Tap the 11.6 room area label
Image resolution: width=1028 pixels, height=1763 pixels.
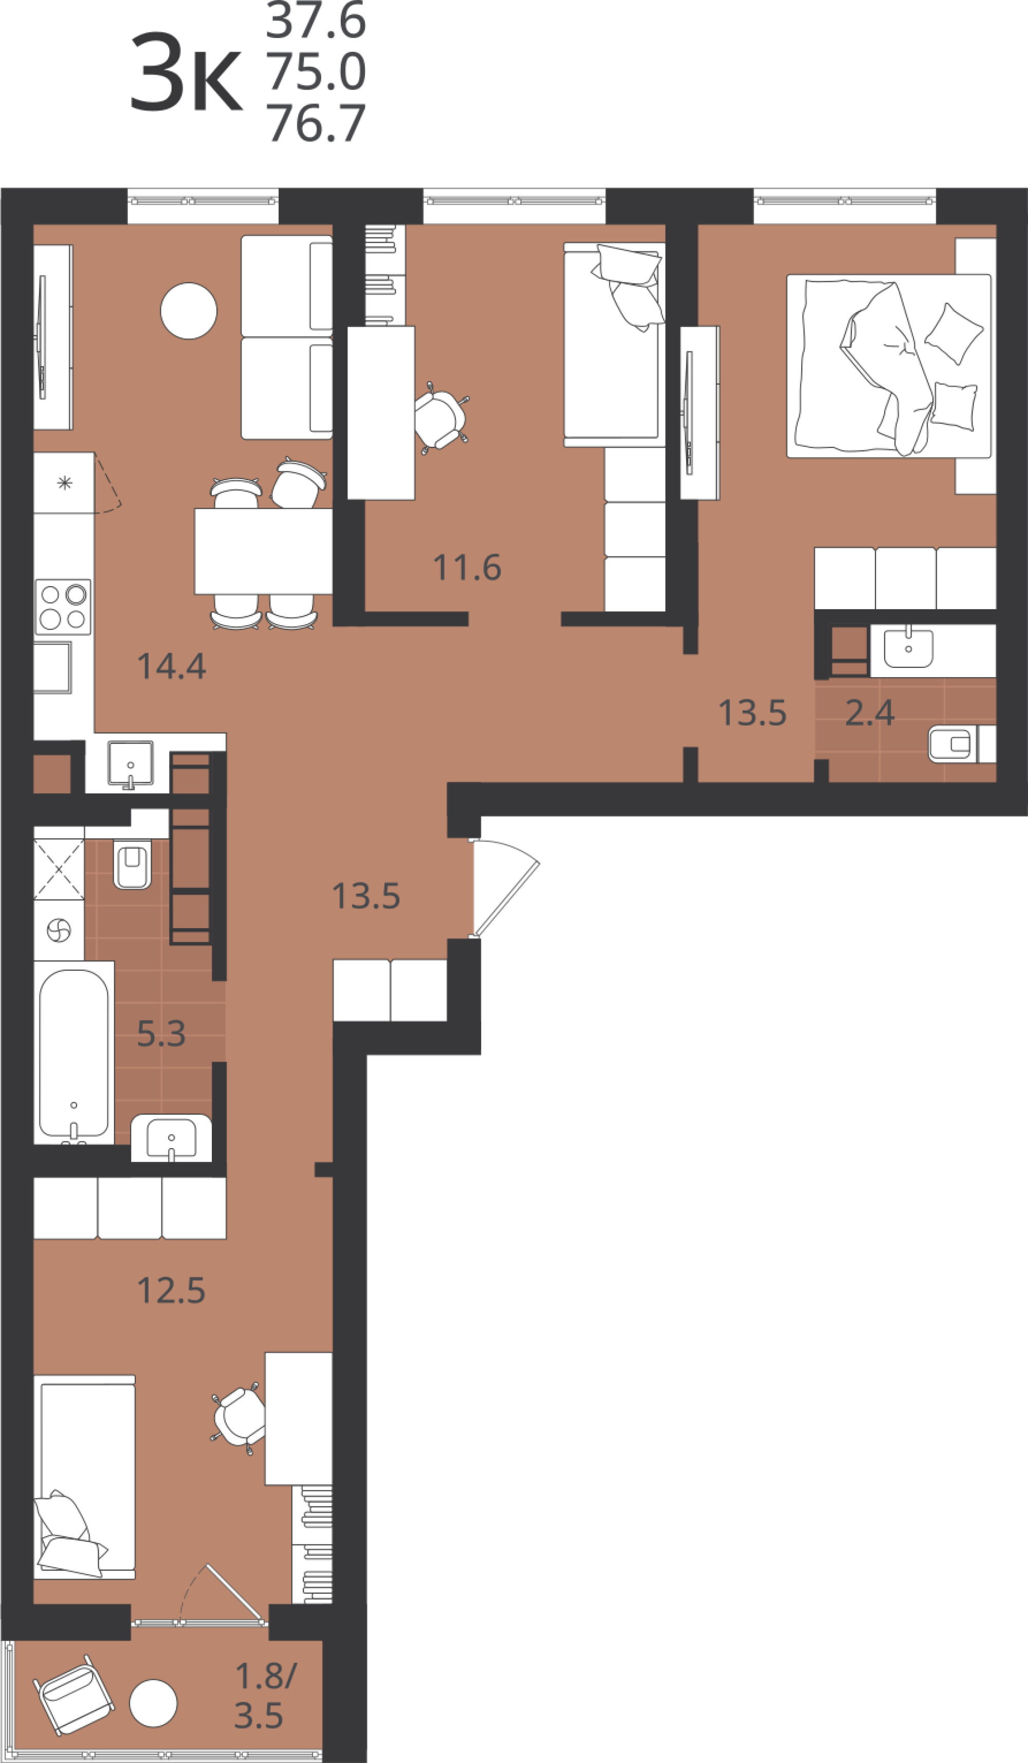[467, 568]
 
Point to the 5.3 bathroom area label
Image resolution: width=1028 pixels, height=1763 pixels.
[161, 1033]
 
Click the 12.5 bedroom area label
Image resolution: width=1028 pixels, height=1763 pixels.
[171, 1291]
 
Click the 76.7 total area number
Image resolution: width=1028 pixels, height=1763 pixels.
[316, 123]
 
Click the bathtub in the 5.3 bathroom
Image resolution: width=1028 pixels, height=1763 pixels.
[74, 1053]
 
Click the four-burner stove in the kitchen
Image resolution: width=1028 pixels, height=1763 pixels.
[63, 607]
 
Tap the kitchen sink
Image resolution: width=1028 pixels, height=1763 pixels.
[130, 764]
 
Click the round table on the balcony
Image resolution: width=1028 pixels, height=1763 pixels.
[154, 1703]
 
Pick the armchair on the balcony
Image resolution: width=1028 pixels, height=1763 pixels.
[74, 1695]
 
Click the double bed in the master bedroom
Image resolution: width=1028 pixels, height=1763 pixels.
[889, 366]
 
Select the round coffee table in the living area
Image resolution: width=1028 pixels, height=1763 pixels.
[189, 311]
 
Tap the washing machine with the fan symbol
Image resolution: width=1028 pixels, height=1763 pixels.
[59, 931]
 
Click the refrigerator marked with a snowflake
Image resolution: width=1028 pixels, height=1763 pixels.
[64, 483]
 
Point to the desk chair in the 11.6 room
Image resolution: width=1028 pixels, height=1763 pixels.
[440, 419]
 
